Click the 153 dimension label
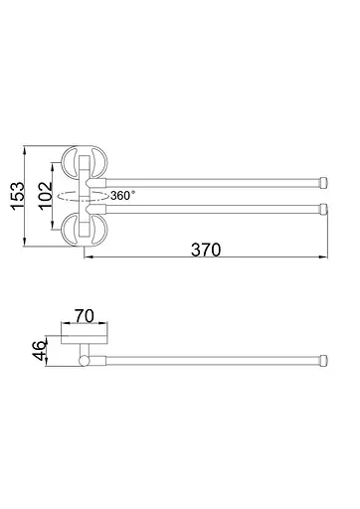18,196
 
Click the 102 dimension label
46,196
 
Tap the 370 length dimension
206,250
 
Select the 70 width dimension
85,316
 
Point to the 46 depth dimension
40,350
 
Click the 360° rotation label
123,196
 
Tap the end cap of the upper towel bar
323,183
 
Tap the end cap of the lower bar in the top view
323,209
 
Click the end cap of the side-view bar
323,361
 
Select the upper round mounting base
86,163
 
